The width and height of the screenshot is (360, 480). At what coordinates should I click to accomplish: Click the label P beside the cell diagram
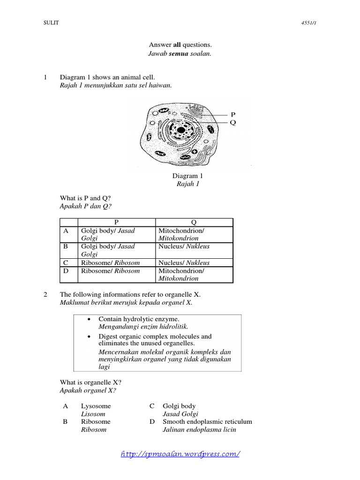click(x=232, y=114)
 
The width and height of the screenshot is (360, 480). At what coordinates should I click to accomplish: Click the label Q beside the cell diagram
click(x=232, y=122)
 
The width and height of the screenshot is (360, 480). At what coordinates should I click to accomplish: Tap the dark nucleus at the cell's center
click(x=180, y=130)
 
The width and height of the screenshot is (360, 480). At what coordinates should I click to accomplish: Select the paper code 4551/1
click(x=317, y=23)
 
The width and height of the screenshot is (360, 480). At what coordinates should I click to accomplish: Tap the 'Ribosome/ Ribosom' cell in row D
click(x=111, y=270)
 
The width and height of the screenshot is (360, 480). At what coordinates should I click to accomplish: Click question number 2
click(x=45, y=294)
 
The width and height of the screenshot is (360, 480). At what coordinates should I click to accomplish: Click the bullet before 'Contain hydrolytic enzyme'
click(x=89, y=319)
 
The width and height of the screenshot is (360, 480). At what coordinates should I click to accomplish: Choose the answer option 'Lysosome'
click(x=96, y=406)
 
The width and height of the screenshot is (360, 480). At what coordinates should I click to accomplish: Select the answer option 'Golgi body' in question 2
click(x=179, y=406)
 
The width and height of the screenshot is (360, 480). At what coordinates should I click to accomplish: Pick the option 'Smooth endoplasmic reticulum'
click(x=207, y=421)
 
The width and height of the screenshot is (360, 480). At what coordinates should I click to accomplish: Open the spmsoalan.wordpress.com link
click(x=180, y=454)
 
